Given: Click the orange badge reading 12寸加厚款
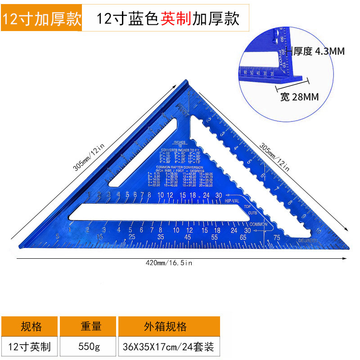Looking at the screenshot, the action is [x=41, y=19].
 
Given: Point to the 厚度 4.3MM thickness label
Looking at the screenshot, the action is [x=319, y=51].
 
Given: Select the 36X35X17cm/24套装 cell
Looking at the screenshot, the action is [x=168, y=347].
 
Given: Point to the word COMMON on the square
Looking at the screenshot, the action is [x=258, y=224].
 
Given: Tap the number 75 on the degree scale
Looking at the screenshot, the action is [x=276, y=238].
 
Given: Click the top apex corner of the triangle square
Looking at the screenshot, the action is [x=185, y=82].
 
